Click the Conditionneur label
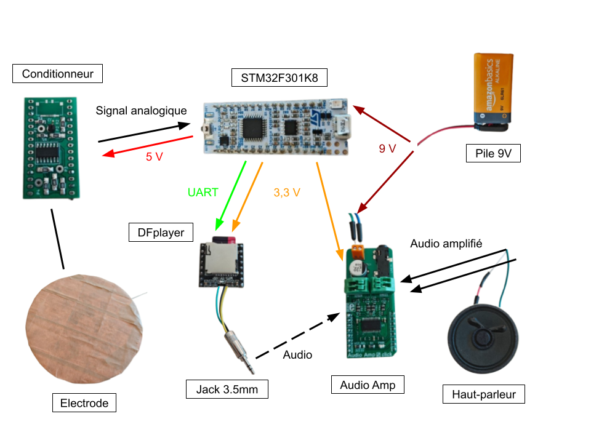click(57, 74)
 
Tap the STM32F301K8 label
click(279, 78)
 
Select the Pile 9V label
click(493, 153)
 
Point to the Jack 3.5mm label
click(227, 389)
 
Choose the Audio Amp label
click(368, 385)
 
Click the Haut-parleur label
click(483, 394)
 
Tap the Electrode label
click(84, 404)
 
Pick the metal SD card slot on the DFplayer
click(221, 258)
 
